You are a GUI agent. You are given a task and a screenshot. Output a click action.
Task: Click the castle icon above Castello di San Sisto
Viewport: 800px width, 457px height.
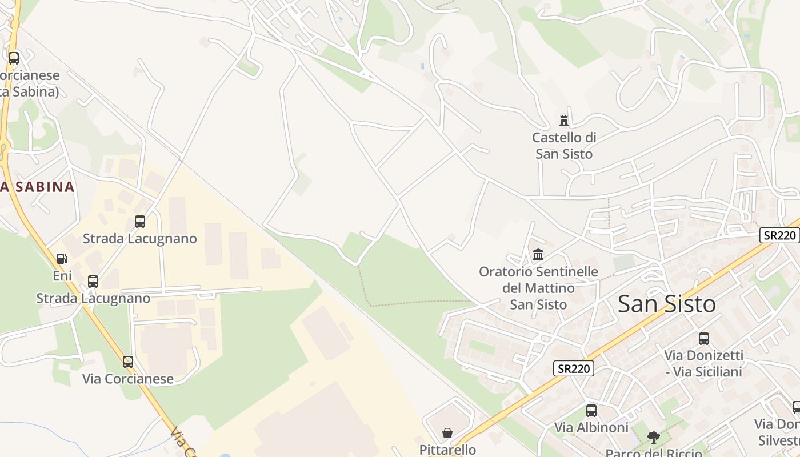point(564,120)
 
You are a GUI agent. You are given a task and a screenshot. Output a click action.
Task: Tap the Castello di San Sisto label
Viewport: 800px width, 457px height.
point(564,146)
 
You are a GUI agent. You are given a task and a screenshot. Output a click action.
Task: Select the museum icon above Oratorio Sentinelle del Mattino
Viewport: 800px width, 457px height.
point(538,255)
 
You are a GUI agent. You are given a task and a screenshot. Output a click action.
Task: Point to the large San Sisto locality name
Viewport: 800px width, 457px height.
point(666,304)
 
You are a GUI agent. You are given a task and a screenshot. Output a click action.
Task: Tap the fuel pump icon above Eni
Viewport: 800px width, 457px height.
point(62,259)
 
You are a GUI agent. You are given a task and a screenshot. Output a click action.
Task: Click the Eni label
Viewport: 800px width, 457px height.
point(62,276)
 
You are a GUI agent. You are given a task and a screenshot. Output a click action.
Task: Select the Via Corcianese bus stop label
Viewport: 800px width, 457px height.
point(127,379)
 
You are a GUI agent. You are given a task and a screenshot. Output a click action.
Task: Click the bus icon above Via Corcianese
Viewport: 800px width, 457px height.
point(127,362)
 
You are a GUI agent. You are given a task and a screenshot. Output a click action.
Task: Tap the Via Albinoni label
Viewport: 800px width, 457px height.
point(591,427)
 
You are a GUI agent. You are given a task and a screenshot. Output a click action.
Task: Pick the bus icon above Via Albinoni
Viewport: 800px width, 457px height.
point(591,410)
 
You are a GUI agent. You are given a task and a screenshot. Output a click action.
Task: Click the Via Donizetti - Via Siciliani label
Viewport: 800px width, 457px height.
point(703,363)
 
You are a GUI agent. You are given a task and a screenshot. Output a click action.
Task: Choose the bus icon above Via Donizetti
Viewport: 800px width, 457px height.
point(703,339)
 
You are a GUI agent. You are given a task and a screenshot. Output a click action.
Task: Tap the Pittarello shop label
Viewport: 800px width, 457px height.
point(447,450)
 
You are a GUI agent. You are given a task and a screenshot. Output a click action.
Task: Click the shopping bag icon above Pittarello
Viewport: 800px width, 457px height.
point(447,433)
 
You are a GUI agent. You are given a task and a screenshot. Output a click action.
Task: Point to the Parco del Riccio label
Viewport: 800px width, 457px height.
point(653,453)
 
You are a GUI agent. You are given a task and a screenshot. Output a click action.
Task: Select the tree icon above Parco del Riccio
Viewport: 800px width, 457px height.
point(653,438)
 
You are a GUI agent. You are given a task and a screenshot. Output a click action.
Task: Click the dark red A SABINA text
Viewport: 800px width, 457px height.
point(38,187)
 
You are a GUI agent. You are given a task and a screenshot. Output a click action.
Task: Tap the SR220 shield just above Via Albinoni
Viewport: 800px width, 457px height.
point(574,368)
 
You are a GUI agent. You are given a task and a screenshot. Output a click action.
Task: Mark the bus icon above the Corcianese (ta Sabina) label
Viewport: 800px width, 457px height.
point(13,58)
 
